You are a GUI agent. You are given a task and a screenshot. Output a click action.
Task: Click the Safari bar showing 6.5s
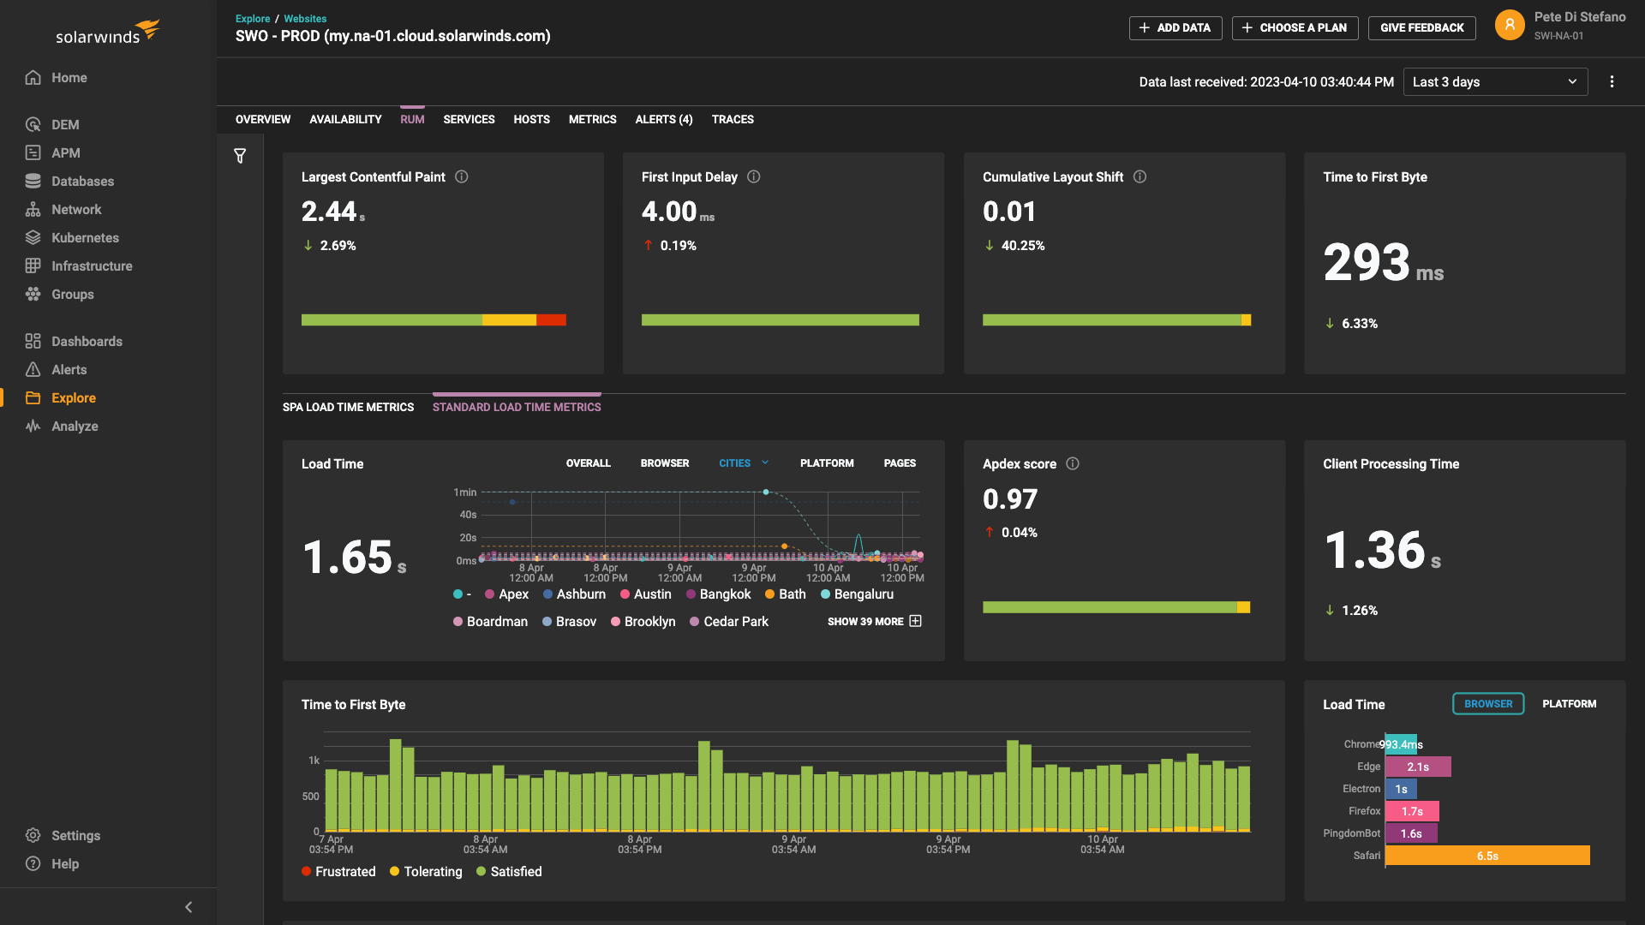coord(1486,856)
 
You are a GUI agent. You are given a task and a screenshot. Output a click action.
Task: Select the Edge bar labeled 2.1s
coord(1417,767)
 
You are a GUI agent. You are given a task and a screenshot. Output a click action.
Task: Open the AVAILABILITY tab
coord(345,119)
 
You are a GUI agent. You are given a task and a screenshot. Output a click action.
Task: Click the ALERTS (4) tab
coord(663,119)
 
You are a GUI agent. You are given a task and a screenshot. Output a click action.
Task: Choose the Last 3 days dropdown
coord(1494,81)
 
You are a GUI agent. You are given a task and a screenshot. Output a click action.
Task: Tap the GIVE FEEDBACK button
coord(1421,27)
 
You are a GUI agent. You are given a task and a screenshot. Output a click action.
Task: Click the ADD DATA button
coord(1175,27)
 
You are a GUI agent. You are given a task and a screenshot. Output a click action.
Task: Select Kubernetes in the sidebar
coord(84,237)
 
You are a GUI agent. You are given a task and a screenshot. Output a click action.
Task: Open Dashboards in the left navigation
coord(86,341)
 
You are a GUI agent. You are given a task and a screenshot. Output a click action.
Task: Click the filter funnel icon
coord(240,156)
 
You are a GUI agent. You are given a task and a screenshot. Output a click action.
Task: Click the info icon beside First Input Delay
coord(754,176)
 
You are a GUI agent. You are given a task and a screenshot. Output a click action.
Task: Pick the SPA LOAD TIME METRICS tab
coord(348,407)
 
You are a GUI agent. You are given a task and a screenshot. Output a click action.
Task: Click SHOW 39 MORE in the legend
coord(873,621)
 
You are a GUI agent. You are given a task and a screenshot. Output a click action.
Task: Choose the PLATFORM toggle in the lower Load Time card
coord(1569,703)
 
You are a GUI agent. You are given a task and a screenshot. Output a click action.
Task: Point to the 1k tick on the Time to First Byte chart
coord(314,760)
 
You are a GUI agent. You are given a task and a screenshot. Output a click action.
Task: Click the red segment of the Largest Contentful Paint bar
coord(551,319)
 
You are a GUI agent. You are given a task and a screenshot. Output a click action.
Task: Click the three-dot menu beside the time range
coord(1612,81)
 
